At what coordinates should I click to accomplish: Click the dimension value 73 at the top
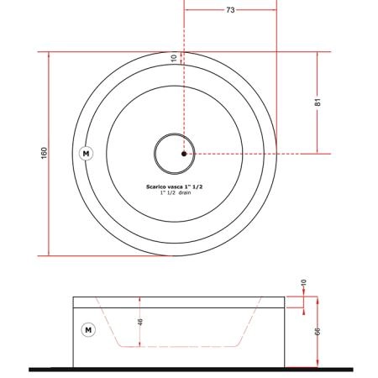tap(230, 10)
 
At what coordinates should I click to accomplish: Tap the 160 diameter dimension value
tap(45, 153)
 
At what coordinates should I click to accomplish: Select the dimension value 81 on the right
tap(318, 102)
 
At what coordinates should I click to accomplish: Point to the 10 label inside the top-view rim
tap(174, 58)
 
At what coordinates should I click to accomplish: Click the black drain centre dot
tap(184, 154)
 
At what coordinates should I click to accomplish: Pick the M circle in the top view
tap(86, 154)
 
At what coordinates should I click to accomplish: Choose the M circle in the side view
tap(88, 330)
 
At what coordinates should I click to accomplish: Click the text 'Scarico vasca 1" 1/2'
tap(174, 186)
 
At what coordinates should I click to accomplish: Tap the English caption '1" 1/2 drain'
tap(176, 192)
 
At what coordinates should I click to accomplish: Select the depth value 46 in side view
tap(140, 322)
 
